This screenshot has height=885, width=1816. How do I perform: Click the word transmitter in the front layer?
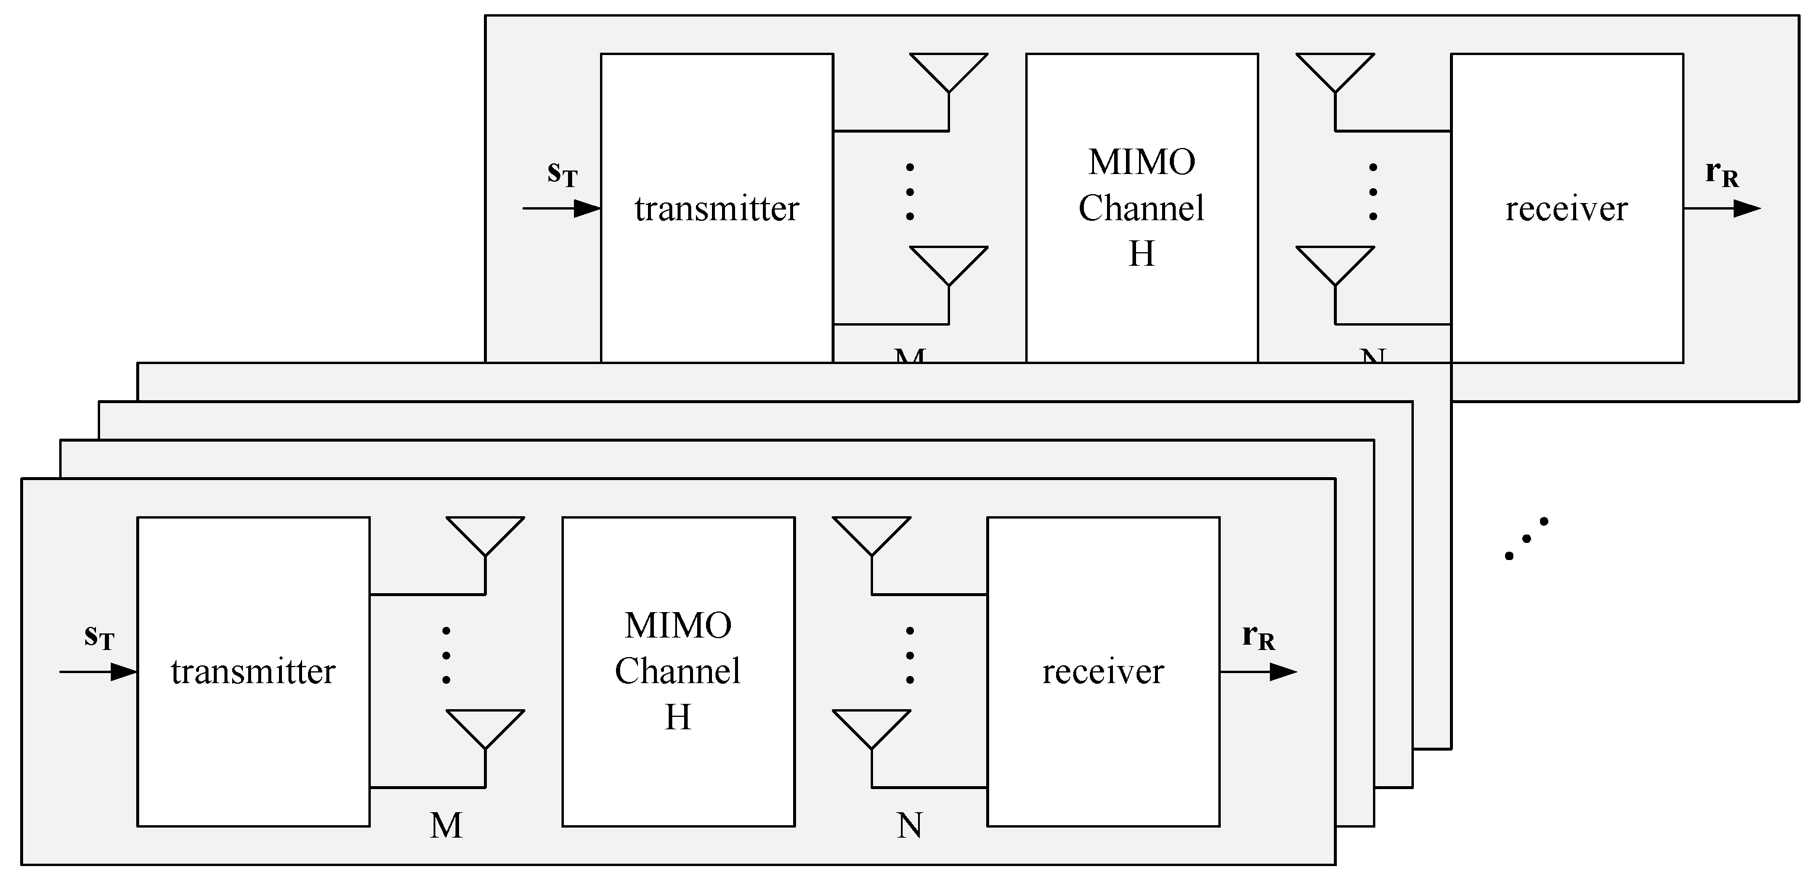point(253,671)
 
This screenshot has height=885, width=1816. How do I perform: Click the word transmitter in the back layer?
point(717,208)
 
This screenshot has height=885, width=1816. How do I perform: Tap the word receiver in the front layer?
point(1103,671)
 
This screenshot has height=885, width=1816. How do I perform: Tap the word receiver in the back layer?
point(1567,208)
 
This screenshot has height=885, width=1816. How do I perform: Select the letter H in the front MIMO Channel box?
point(678,717)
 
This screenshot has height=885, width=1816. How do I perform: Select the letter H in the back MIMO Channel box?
point(1141,254)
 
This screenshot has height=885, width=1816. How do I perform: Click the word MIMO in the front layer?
point(678,626)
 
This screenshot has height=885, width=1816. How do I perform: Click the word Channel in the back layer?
point(1141,208)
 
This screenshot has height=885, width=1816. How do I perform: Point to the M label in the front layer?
point(446,825)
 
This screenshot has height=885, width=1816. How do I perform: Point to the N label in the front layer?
point(909,825)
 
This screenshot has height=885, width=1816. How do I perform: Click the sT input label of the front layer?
point(99,637)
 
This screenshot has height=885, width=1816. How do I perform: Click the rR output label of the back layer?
point(1722,173)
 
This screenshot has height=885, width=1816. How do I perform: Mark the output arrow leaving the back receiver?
point(1722,208)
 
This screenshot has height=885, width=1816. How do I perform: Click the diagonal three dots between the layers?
point(1526,539)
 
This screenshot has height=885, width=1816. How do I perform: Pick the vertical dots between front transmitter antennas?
point(446,655)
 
